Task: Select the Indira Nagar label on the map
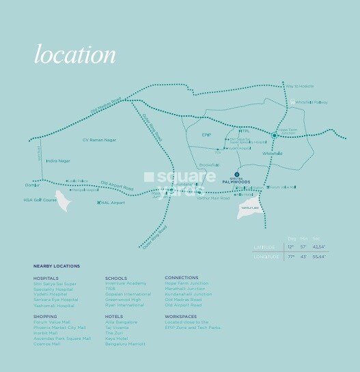click(x=58, y=161)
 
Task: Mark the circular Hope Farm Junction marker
click(x=274, y=136)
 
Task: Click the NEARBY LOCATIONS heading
click(x=57, y=266)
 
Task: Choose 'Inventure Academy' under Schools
click(x=126, y=283)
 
